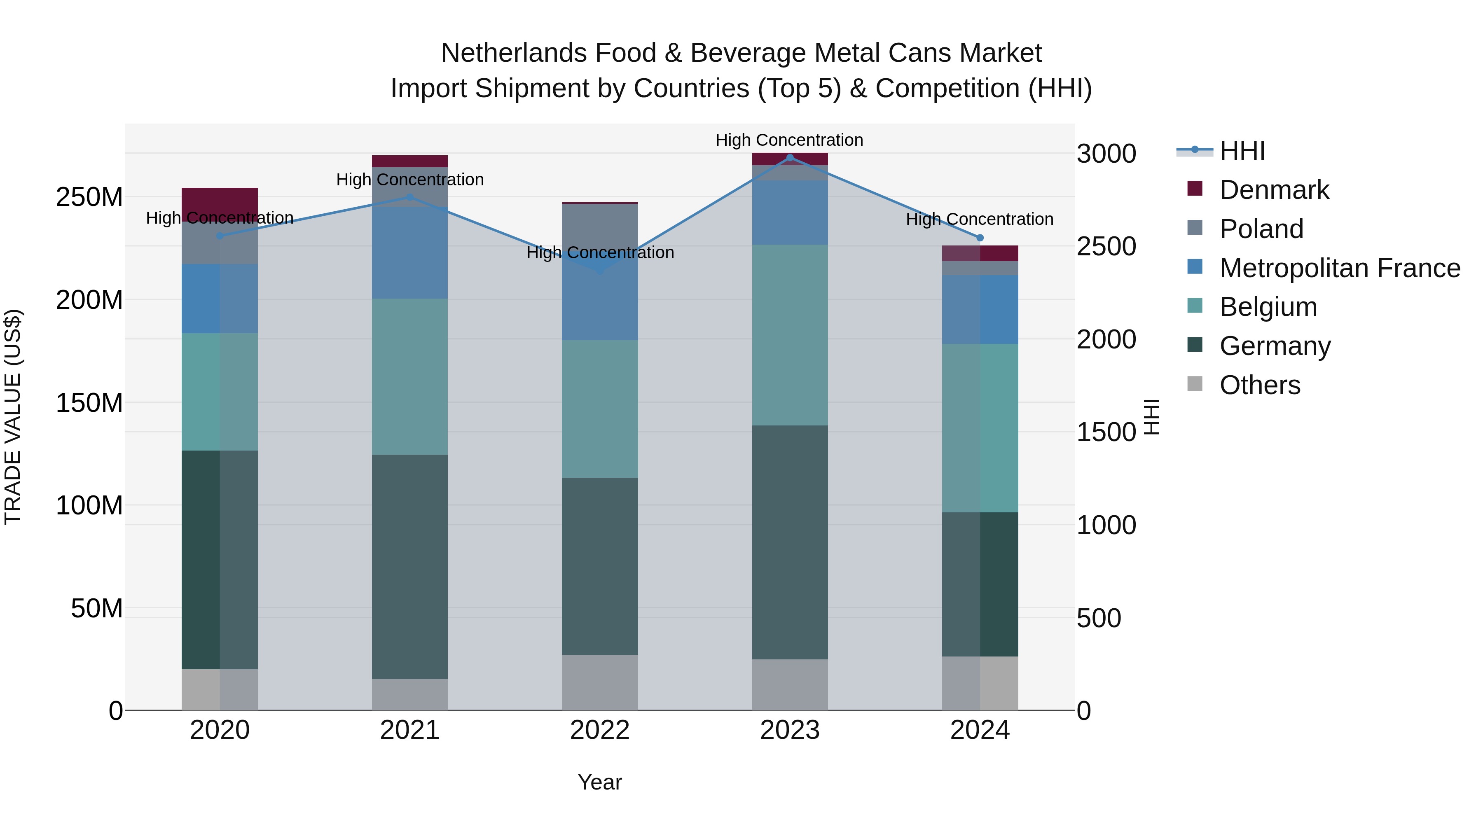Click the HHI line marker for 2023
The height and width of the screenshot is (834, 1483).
[x=790, y=158]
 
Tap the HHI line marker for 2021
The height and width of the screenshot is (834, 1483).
[x=409, y=197]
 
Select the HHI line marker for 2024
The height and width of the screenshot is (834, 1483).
[x=980, y=238]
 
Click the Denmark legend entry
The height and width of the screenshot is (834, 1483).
[x=1274, y=190]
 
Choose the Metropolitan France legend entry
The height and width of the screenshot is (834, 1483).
[x=1340, y=268]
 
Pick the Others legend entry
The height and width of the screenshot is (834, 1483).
[x=1260, y=385]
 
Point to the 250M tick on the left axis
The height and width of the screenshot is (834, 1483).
[x=89, y=197]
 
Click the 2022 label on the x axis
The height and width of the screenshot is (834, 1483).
[x=599, y=730]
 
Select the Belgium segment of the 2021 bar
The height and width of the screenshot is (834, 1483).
[x=409, y=376]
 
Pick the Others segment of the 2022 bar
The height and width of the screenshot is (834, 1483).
[x=599, y=682]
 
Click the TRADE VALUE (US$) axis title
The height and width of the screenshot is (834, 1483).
[x=13, y=417]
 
